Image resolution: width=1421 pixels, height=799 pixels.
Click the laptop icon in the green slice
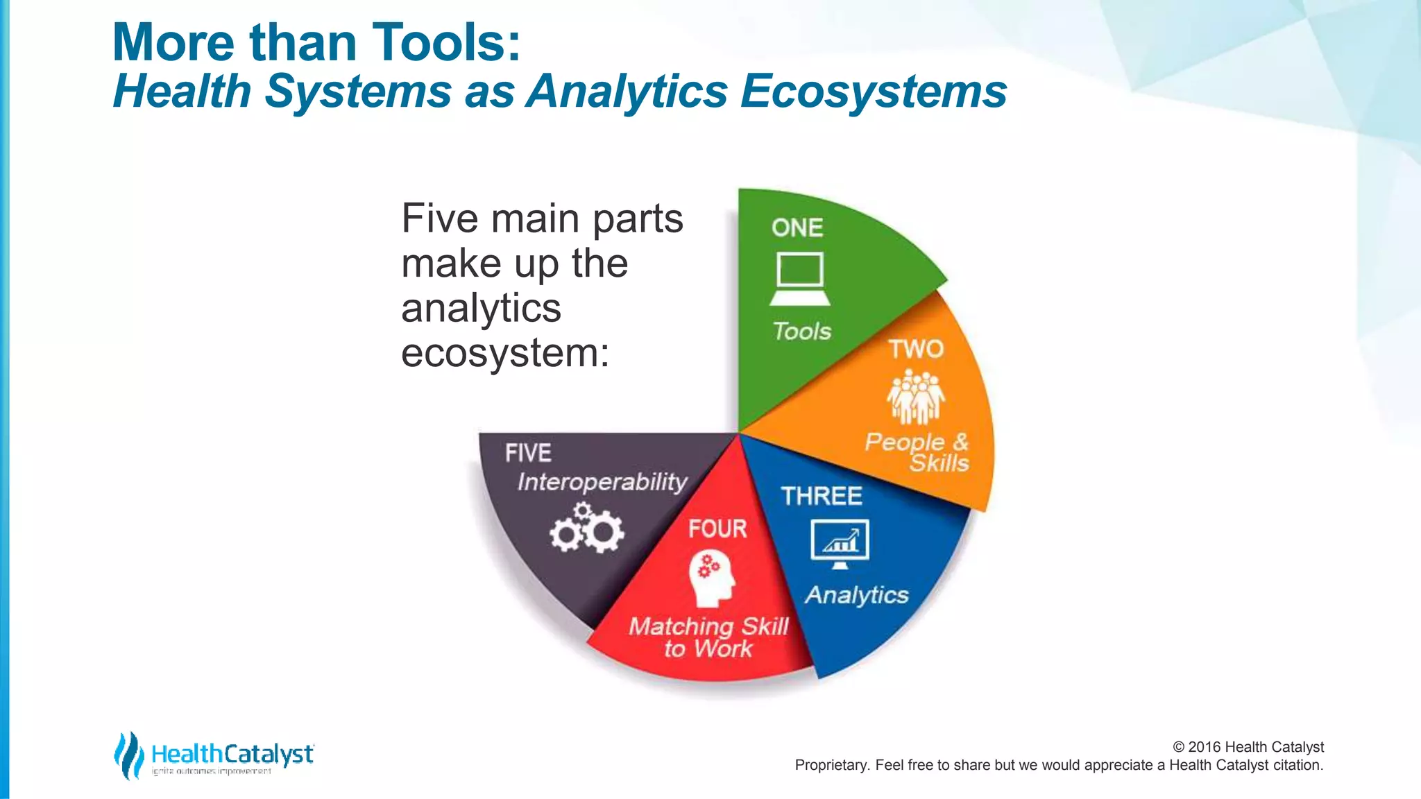[x=799, y=280]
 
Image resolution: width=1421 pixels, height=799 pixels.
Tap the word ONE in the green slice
[x=797, y=228]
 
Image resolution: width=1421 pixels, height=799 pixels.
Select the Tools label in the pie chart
[x=802, y=332]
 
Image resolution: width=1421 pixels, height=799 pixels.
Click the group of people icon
[x=916, y=397]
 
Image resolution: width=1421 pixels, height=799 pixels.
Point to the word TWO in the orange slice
[x=916, y=349]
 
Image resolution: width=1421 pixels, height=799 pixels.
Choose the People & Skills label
[x=917, y=452]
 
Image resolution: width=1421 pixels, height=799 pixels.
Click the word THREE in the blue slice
[x=822, y=496]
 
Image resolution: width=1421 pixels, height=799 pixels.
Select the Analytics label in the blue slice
[x=857, y=595]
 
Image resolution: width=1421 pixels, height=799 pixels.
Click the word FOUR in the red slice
[x=717, y=529]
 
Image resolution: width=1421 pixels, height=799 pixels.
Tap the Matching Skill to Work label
[x=708, y=637]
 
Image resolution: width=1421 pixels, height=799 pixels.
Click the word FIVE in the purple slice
[x=528, y=454]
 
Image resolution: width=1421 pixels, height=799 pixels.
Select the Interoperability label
[x=602, y=482]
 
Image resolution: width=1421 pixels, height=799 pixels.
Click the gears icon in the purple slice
[x=587, y=529]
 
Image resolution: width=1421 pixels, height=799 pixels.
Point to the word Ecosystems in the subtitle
[x=874, y=92]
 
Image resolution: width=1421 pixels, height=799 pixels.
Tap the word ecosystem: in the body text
[x=505, y=353]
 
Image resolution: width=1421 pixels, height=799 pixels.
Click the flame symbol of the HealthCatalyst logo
[x=128, y=755]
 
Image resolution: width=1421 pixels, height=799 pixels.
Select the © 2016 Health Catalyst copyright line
[x=1248, y=747]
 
